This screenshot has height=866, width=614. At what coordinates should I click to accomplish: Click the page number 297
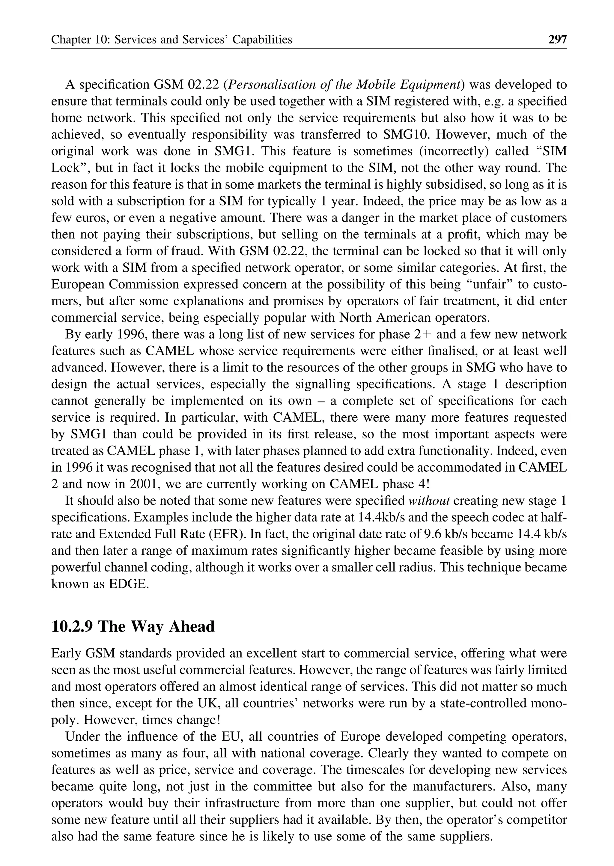click(x=558, y=39)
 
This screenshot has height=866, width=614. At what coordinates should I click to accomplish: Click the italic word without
click(x=429, y=501)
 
